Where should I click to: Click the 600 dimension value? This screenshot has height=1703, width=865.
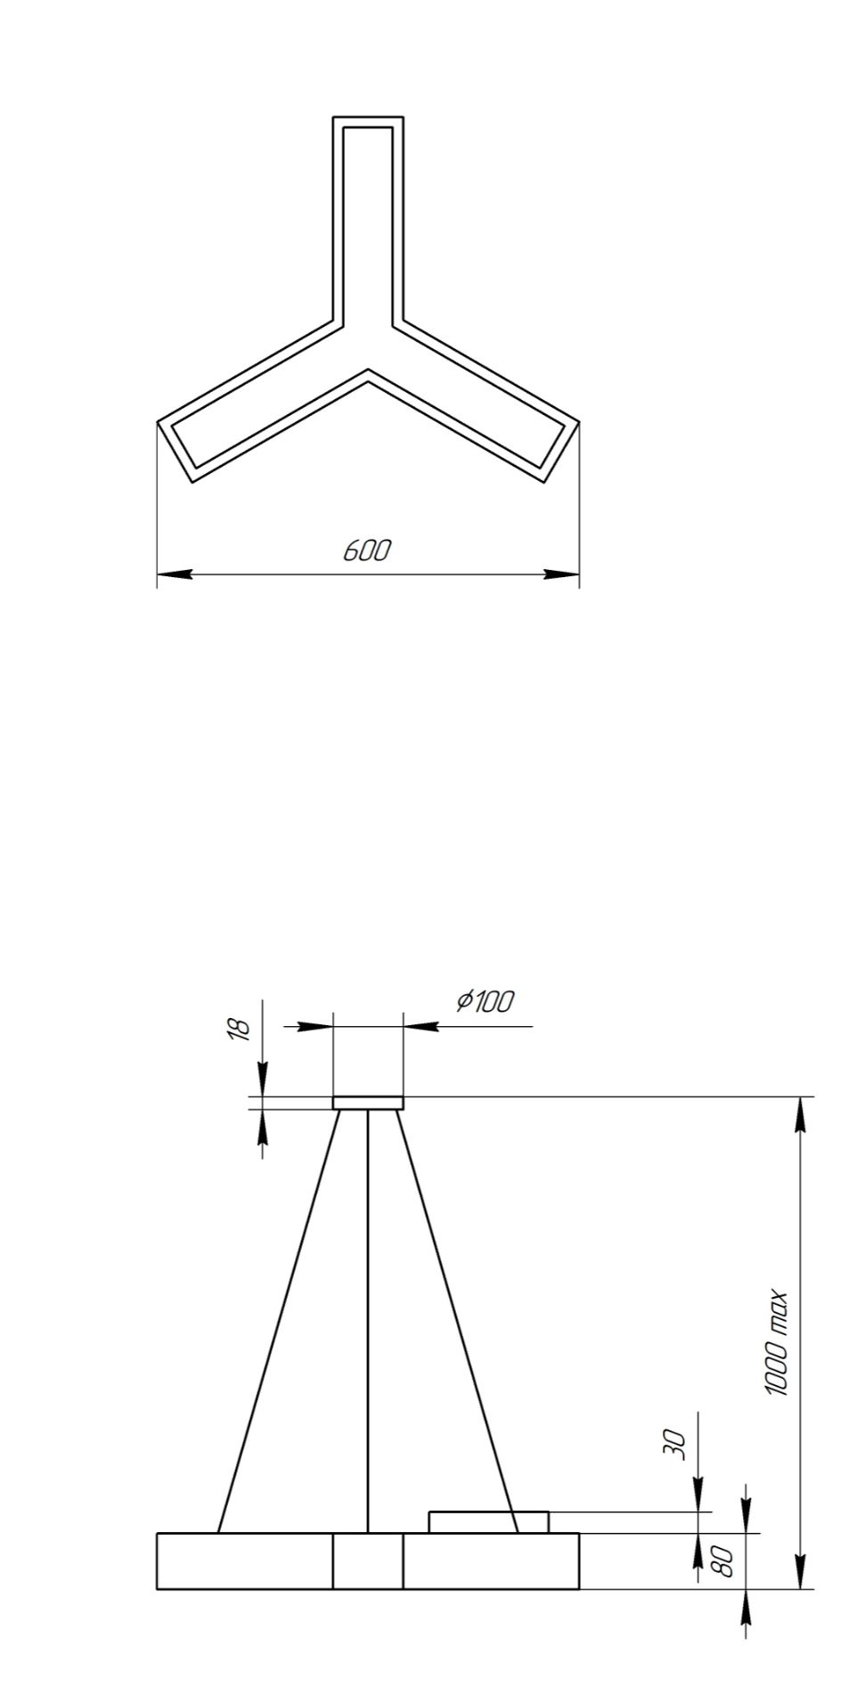click(x=367, y=550)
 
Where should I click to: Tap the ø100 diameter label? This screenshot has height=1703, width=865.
click(x=485, y=1001)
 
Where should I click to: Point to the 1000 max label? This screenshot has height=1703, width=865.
click(x=776, y=1343)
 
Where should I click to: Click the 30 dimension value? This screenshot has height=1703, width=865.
click(x=676, y=1444)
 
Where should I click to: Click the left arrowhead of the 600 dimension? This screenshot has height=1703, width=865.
click(x=175, y=574)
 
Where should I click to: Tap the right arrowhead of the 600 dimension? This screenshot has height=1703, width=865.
click(x=562, y=574)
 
